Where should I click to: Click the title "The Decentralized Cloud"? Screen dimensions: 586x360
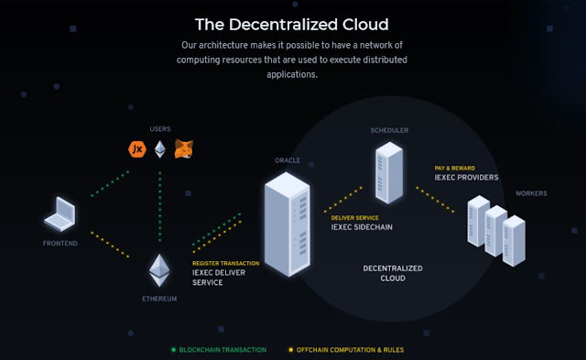(292, 25)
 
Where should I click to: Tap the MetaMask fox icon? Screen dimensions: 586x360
(184, 148)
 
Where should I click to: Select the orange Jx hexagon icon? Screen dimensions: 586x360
(137, 149)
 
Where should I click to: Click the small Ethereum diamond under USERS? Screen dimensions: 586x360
(160, 149)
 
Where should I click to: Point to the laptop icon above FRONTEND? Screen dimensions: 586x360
(60, 213)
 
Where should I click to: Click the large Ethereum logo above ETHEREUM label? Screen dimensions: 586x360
(159, 270)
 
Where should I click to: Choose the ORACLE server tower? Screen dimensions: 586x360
(288, 224)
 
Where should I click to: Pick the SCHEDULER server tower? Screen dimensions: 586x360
(389, 172)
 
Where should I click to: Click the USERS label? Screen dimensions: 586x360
(160, 129)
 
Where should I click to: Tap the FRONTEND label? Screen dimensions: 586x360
(60, 244)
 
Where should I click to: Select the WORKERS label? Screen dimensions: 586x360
(531, 193)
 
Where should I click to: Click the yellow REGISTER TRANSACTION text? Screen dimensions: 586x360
(226, 263)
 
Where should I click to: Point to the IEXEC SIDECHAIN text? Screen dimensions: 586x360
(362, 227)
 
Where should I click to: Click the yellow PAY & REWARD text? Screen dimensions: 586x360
(455, 169)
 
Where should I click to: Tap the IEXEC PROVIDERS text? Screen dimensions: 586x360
(466, 177)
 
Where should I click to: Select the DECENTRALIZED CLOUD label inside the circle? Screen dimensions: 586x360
(393, 273)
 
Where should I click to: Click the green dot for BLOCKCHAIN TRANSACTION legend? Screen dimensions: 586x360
(173, 350)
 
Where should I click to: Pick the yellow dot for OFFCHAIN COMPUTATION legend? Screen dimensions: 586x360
(291, 350)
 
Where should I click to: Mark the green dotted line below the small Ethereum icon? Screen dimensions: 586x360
(160, 206)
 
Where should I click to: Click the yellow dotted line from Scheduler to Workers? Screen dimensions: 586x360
(435, 200)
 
